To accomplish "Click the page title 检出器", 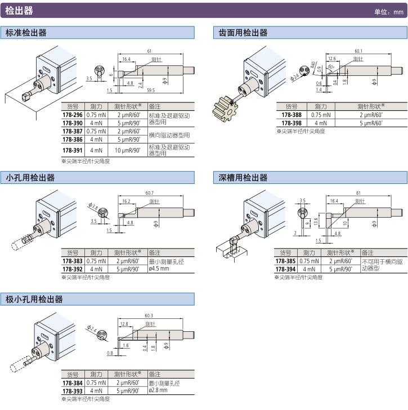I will [x=19, y=11].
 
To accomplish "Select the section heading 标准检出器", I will [x=26, y=33].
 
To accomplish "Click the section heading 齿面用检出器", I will [x=243, y=33].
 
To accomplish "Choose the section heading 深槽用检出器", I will [x=243, y=178].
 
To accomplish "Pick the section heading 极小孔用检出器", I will [x=34, y=299].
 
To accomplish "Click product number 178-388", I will [x=291, y=115].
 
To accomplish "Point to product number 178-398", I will [x=291, y=123].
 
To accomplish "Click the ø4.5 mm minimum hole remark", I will [x=159, y=269].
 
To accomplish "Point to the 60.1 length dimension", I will [x=358, y=50].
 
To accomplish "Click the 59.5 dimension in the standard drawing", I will [x=151, y=90].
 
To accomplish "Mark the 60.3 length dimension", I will [x=149, y=316].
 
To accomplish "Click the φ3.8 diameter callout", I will [x=94, y=208].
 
